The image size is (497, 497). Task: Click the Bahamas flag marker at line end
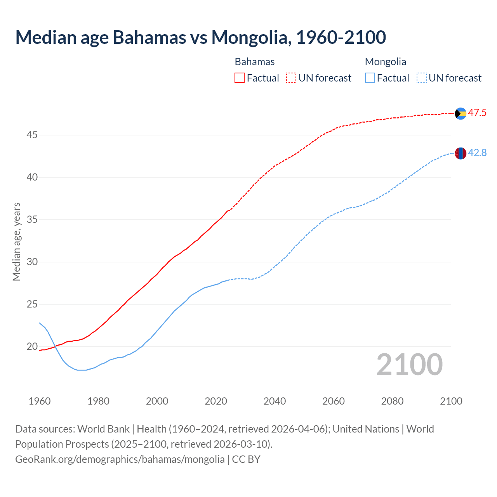click(461, 113)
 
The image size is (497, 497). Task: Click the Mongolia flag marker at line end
click(461, 153)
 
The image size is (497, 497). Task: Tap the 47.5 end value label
click(477, 113)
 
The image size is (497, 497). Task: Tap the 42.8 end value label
click(477, 153)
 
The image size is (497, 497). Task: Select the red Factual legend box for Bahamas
click(240, 78)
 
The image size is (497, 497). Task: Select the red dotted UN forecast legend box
click(291, 78)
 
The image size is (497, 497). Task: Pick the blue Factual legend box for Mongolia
click(370, 78)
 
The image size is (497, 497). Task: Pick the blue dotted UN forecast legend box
click(421, 78)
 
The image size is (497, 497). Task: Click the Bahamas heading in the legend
click(255, 62)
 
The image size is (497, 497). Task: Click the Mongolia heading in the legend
click(386, 62)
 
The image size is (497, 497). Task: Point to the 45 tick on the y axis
click(32, 135)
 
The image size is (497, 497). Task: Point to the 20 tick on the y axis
click(32, 346)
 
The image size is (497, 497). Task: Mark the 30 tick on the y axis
click(32, 262)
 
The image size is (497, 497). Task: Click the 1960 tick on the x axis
click(40, 401)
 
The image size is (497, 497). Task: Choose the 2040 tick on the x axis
click(275, 401)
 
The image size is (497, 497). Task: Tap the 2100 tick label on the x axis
click(451, 401)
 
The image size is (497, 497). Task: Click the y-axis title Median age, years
click(16, 242)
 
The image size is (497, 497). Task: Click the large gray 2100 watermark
click(410, 365)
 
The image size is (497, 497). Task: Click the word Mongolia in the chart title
click(251, 37)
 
